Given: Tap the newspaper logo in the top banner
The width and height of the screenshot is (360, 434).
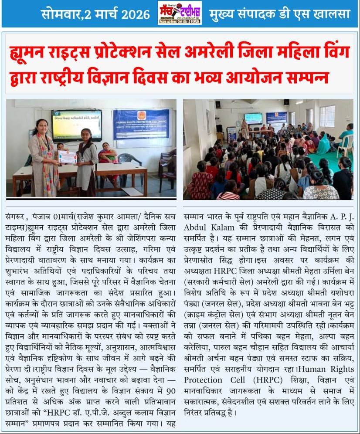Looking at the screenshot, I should click(180, 13).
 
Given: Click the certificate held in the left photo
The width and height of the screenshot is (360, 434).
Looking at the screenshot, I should click(68, 157).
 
